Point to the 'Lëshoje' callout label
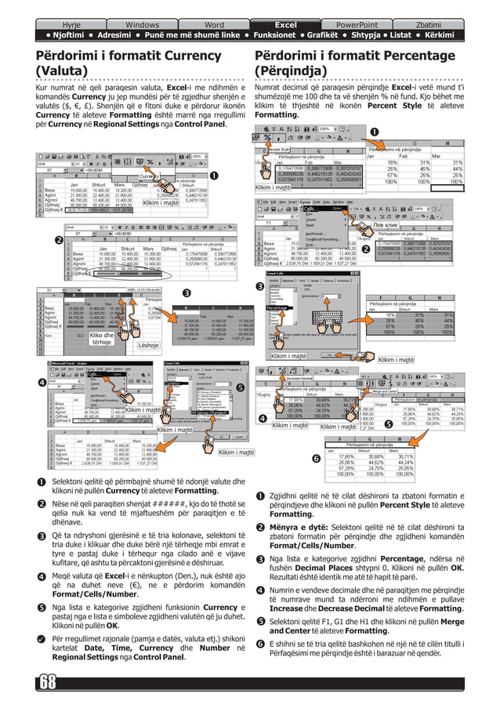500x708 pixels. (x=149, y=345)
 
